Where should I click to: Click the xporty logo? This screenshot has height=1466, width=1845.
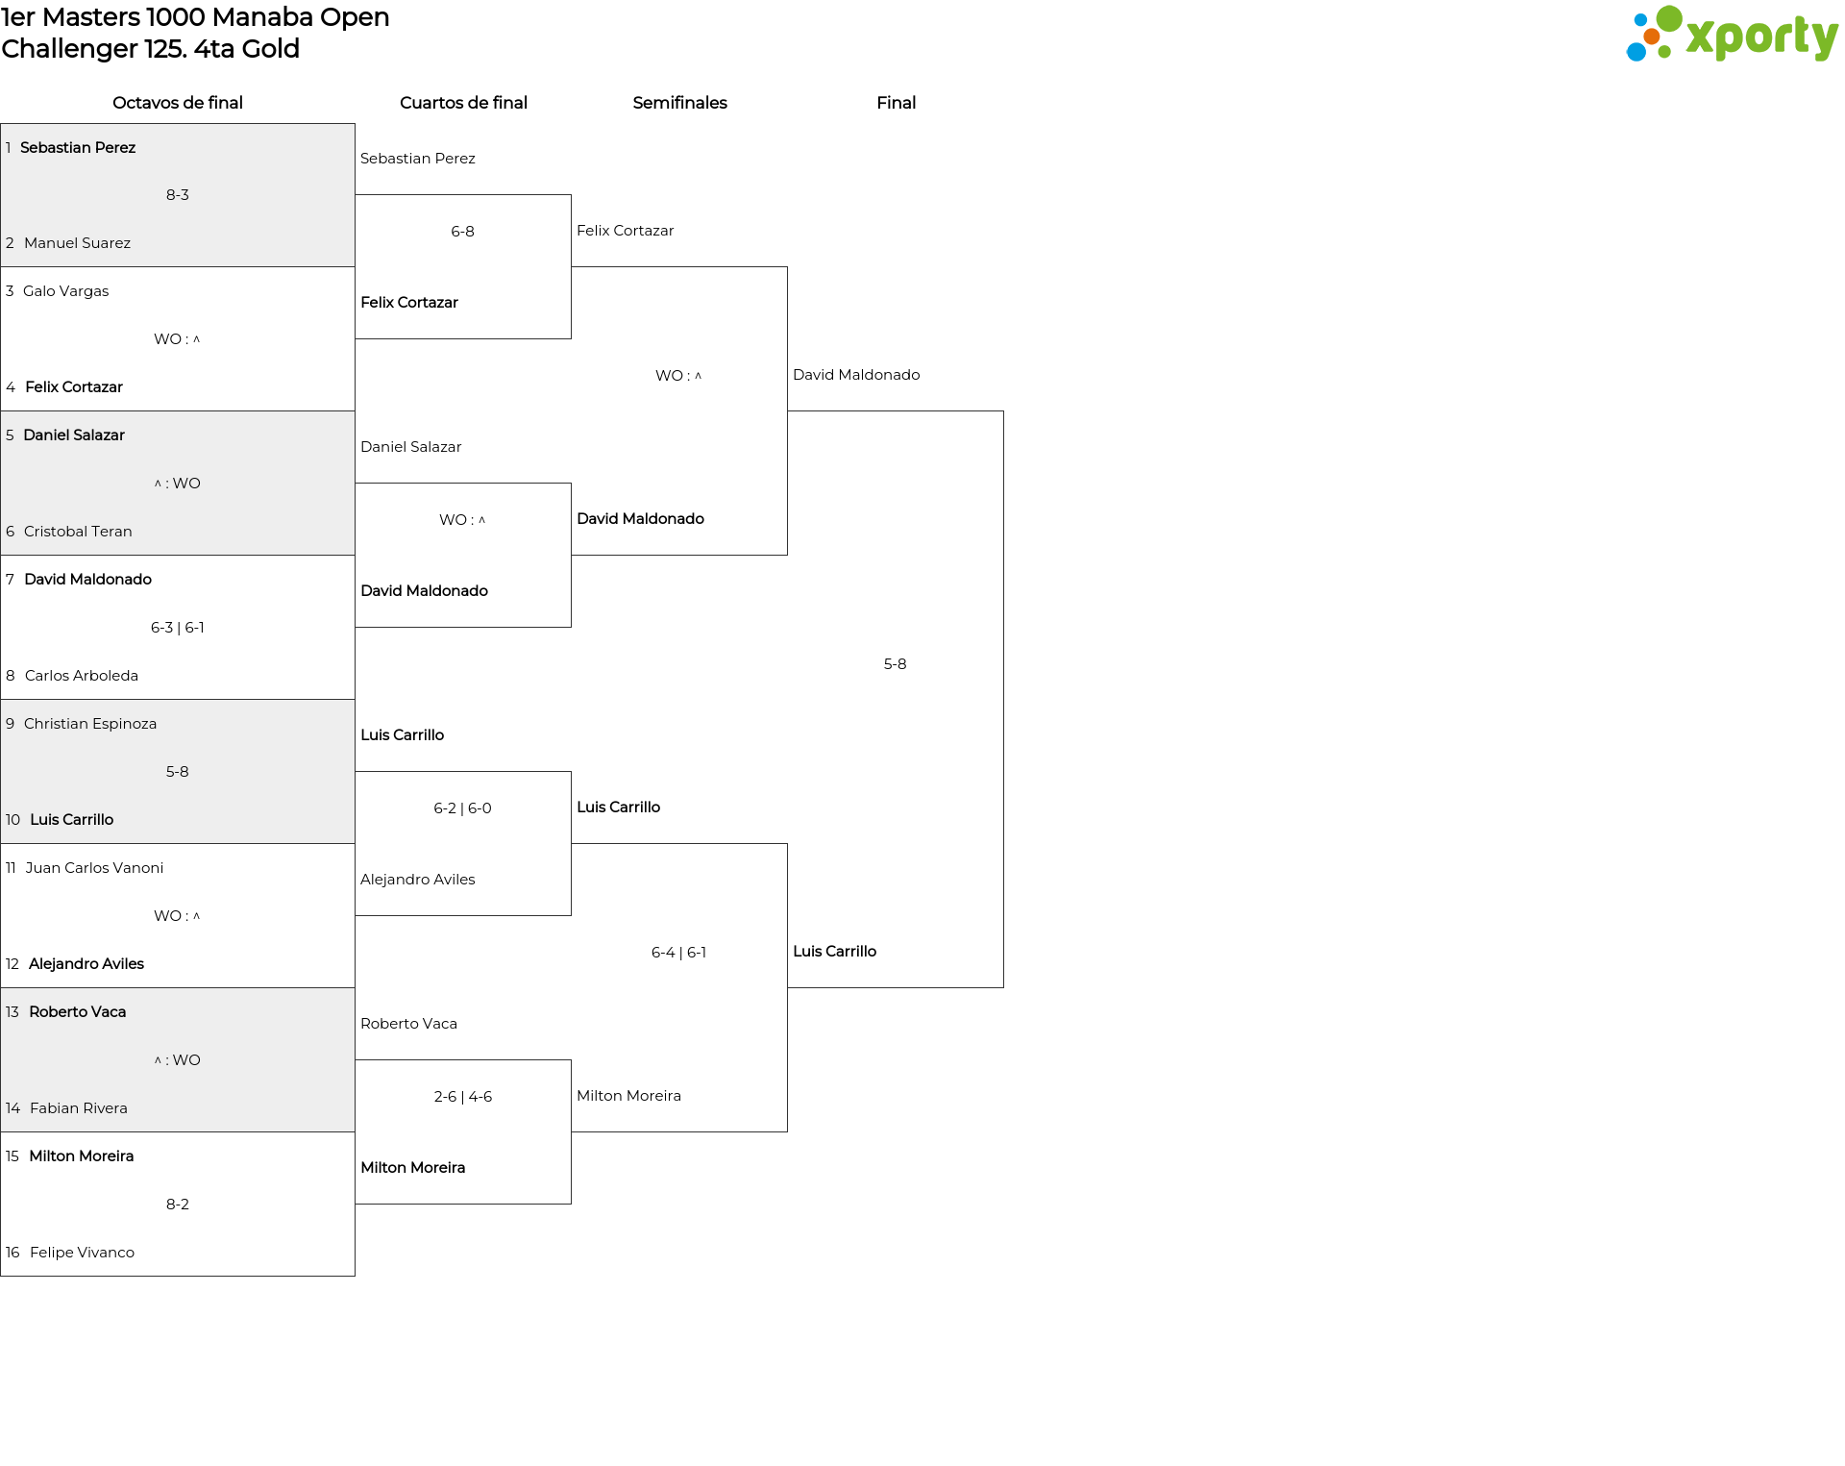1732,35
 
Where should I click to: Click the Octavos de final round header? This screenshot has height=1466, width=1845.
178,103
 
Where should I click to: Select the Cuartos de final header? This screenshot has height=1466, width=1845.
463,103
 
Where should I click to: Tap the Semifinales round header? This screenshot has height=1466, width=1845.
679,103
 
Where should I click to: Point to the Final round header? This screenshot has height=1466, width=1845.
896,103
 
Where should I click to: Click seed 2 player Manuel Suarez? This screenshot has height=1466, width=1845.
77,243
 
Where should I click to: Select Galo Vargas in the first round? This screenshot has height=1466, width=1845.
65,291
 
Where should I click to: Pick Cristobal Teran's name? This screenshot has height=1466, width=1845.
78,532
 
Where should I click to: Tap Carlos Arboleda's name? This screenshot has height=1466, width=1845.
82,676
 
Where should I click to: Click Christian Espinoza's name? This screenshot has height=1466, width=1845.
90,724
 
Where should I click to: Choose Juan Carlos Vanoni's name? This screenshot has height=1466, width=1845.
94,868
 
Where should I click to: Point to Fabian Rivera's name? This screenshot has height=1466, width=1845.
79,1108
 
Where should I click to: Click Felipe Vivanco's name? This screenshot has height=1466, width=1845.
82,1253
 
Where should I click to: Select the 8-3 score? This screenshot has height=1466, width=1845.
178,195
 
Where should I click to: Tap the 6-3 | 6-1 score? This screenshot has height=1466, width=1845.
178,628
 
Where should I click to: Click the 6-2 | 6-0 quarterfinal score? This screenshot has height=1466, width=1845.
462,808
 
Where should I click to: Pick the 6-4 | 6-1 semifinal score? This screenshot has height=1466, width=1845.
678,953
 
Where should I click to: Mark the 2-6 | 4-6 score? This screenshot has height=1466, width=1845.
462,1097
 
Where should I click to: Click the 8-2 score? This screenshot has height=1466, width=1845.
178,1205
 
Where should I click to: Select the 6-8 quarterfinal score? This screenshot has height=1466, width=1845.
462,232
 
